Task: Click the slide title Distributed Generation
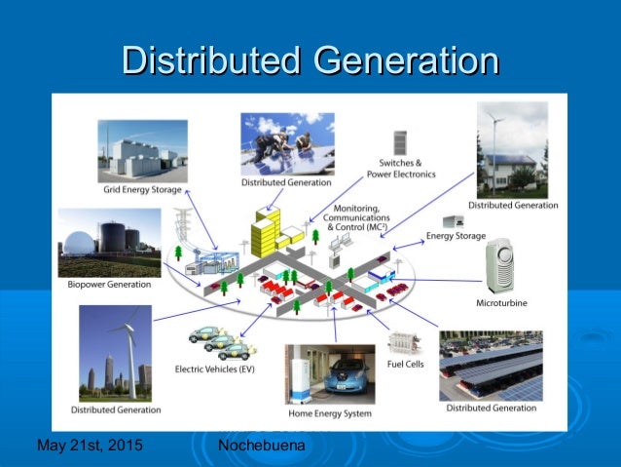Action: [310, 60]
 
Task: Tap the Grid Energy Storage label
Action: [142, 189]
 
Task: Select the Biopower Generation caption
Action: [109, 285]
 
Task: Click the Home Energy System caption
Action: [330, 413]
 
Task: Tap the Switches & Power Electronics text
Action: [394, 169]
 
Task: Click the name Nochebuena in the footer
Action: [262, 446]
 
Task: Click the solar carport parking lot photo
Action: [491, 366]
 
